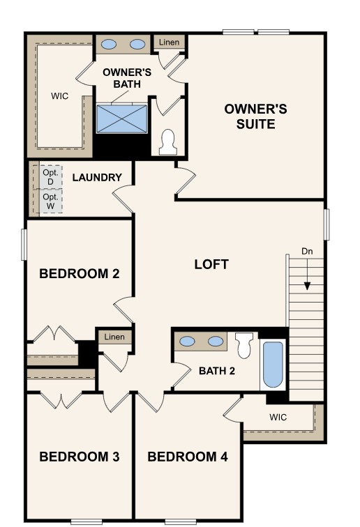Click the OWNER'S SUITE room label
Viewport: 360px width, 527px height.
(x=255, y=116)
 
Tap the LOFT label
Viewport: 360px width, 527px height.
(x=211, y=264)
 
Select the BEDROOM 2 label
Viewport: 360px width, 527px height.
(x=79, y=273)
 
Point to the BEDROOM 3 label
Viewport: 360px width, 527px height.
(x=79, y=457)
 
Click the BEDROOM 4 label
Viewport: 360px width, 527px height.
(x=187, y=457)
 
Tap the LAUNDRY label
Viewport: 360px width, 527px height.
(x=97, y=177)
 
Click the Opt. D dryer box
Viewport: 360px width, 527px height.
(x=50, y=176)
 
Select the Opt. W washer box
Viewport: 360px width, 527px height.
(x=50, y=201)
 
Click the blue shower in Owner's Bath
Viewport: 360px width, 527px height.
(x=121, y=118)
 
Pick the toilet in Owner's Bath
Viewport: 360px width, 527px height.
(x=167, y=142)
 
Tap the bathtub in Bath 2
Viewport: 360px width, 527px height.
(x=272, y=365)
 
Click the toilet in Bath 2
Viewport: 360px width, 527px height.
(x=244, y=345)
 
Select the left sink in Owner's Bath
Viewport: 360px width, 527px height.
(x=110, y=44)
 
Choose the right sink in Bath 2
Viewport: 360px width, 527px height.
(x=216, y=342)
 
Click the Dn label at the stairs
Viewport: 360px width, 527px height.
(x=307, y=251)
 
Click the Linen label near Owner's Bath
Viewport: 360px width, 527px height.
(x=169, y=43)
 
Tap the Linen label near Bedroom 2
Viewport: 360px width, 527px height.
(x=114, y=337)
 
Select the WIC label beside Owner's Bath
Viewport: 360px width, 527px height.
(x=59, y=97)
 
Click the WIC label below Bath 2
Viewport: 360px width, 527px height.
(x=280, y=418)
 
